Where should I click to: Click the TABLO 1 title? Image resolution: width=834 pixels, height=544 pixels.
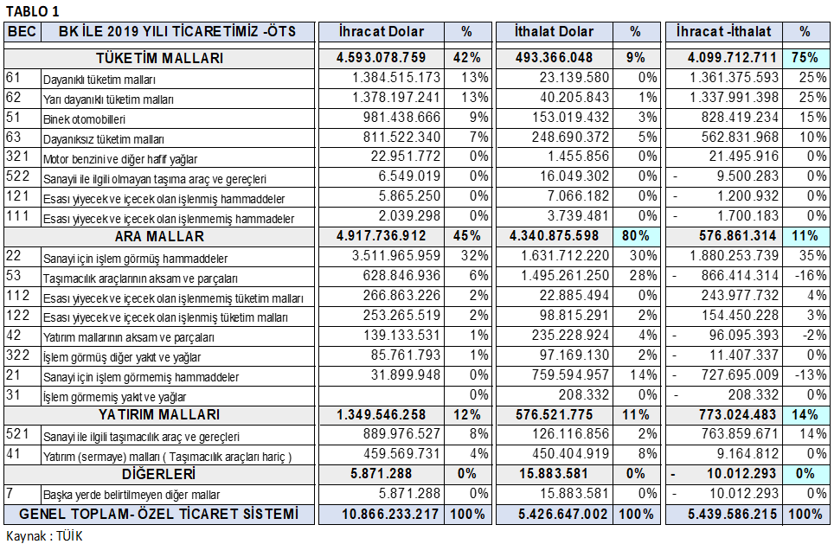[x=33, y=11]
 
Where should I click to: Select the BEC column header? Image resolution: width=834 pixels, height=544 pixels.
[x=22, y=31]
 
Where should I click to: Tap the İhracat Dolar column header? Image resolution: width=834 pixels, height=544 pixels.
[x=381, y=32]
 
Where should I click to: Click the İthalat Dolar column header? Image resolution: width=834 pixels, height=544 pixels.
[x=554, y=32]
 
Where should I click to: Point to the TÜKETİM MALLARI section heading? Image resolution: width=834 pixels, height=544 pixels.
[x=159, y=58]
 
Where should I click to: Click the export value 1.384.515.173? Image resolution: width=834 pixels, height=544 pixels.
[x=396, y=78]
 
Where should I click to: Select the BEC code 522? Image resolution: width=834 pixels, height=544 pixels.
[x=17, y=176]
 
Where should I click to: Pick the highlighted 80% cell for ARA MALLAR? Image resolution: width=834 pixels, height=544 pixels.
[x=636, y=235]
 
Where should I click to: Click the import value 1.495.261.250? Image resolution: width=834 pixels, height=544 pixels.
[x=565, y=275]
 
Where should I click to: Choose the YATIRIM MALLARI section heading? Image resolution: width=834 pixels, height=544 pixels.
[x=159, y=415]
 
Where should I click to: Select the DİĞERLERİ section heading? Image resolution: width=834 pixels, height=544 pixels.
[x=158, y=474]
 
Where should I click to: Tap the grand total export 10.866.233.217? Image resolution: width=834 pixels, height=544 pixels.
[x=390, y=515]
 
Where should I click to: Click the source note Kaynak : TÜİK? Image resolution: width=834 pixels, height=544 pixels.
[x=44, y=536]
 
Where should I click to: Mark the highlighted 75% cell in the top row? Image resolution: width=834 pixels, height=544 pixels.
[x=805, y=58]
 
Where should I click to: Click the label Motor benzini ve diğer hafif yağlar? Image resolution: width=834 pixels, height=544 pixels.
[x=120, y=159]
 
